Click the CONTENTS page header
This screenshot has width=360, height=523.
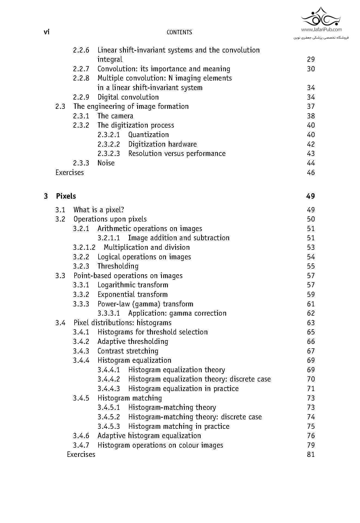(179, 32)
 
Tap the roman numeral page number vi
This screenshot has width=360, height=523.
(47, 32)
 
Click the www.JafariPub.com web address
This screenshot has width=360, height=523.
(321, 30)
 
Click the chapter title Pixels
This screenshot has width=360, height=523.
(66, 196)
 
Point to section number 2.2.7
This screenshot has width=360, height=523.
(81, 69)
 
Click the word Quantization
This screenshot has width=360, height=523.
(148, 135)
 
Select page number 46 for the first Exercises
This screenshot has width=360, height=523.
(311, 173)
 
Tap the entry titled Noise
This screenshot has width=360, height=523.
(106, 163)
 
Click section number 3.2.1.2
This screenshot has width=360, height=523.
(84, 247)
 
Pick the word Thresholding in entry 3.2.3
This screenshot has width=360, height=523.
(118, 266)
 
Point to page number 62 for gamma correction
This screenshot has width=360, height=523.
(311, 313)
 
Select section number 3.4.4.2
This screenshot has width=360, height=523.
(109, 379)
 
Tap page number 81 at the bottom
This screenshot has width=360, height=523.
(311, 454)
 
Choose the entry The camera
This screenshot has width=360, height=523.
(115, 116)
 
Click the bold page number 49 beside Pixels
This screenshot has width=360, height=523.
(310, 196)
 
